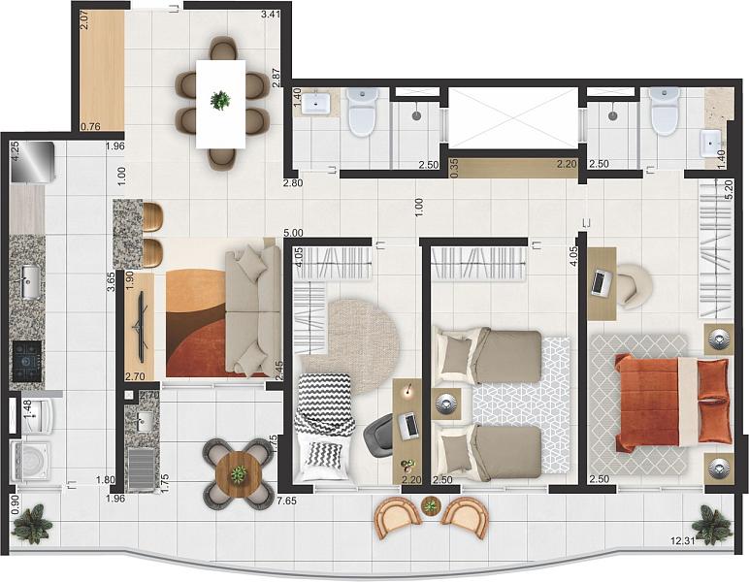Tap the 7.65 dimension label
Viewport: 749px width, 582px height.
286,500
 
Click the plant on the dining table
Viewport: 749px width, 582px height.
221,99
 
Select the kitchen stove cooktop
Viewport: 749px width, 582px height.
27,360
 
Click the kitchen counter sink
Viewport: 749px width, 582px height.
28,281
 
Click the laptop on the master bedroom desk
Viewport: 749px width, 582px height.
601,282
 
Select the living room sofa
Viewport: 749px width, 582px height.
252,310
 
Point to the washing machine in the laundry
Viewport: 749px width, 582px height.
29,460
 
